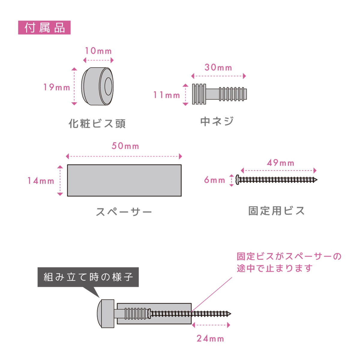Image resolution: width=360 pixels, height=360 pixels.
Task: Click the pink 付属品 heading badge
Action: click(44, 28)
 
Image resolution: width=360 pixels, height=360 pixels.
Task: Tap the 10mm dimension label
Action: click(98, 51)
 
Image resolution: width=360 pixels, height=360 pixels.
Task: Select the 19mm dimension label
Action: click(57, 87)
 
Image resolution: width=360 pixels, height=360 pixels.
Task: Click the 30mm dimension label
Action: click(218, 67)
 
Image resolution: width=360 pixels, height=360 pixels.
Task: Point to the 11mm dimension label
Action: click(166, 95)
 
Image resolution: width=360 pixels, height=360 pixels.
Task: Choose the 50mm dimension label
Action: click(125, 146)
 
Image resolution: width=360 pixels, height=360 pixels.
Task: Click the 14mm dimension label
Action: click(41, 181)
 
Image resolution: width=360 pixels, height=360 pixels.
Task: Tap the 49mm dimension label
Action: click(280, 163)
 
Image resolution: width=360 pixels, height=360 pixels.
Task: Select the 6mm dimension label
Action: click(214, 180)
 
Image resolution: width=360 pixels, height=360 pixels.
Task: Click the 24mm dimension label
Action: click(210, 338)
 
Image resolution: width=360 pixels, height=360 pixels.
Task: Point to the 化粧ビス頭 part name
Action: click(97, 124)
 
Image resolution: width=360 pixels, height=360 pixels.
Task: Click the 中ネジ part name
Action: click(217, 121)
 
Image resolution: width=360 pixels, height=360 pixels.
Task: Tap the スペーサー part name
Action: click(124, 212)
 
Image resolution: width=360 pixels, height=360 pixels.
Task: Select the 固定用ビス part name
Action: click(276, 211)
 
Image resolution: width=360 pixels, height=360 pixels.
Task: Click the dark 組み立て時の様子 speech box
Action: click(88, 277)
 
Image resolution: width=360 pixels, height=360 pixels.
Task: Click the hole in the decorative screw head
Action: click(108, 86)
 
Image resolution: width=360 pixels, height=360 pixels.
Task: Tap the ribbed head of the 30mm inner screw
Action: click(199, 94)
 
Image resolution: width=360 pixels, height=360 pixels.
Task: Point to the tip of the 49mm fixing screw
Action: click(317, 180)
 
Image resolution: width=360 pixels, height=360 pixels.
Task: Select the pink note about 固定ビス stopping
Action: click(289, 262)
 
